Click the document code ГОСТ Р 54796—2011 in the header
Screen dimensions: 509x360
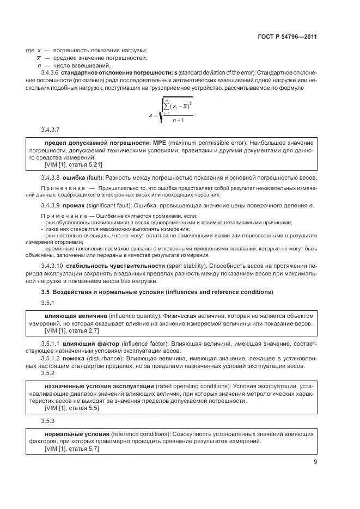pos(288,37)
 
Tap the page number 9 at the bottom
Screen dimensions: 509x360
pos(315,463)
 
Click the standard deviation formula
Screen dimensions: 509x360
pos(170,111)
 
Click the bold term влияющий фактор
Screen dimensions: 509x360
pos(84,345)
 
